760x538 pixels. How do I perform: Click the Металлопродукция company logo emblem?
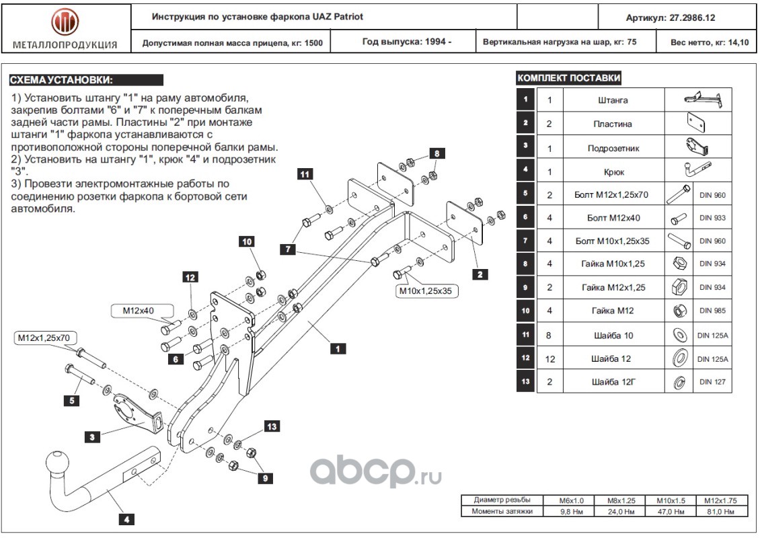click(x=65, y=22)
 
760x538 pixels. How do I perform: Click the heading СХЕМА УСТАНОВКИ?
click(x=61, y=79)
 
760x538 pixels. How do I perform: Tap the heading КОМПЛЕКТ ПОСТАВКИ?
click(x=568, y=78)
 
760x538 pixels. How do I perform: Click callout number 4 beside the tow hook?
click(x=126, y=518)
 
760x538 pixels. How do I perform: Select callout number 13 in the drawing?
click(x=271, y=426)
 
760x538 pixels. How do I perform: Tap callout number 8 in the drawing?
click(x=436, y=153)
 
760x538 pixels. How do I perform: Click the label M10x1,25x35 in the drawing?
click(x=424, y=291)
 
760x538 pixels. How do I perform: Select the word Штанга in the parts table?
click(x=613, y=100)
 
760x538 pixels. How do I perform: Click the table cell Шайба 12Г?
click(x=613, y=382)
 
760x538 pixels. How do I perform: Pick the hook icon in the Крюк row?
click(x=697, y=170)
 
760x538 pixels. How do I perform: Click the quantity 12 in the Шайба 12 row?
click(x=549, y=358)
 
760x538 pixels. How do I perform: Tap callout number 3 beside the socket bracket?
click(x=93, y=437)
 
